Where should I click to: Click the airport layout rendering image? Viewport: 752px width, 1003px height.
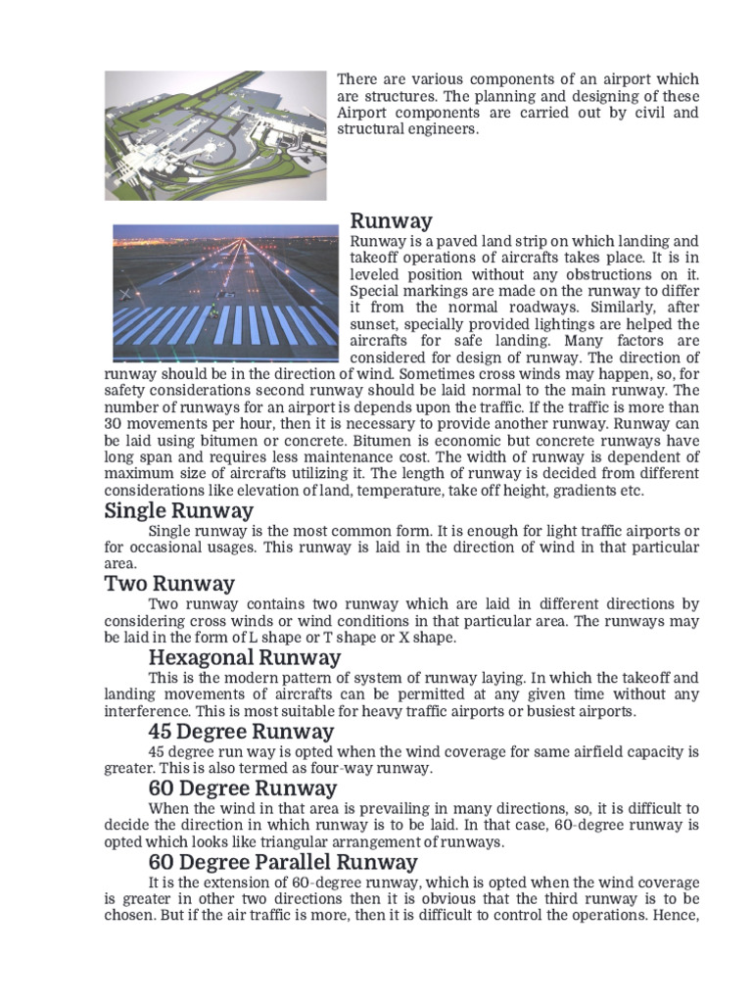(x=215, y=135)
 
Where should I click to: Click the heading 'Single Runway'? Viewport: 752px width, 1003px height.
(x=178, y=510)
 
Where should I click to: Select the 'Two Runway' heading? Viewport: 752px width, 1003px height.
(x=169, y=584)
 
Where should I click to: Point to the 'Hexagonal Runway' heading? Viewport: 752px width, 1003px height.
(x=244, y=656)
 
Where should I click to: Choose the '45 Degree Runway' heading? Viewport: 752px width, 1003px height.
(x=241, y=731)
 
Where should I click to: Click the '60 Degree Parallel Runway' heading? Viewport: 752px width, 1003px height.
(x=283, y=862)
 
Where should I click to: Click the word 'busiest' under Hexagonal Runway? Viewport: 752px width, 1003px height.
(x=538, y=711)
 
